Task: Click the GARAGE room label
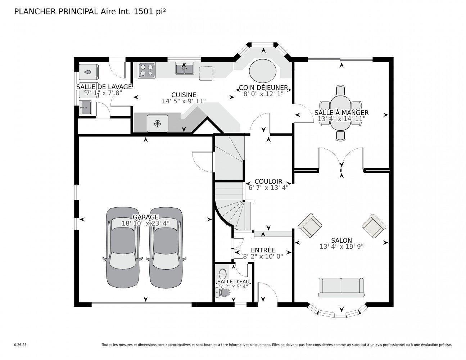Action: pos(145,217)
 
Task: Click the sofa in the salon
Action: pos(341,287)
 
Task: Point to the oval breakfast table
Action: pos(263,71)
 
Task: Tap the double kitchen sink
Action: pos(185,68)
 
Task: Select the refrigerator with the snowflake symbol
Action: pos(157,123)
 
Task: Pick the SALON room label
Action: pos(341,240)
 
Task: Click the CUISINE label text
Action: pos(184,95)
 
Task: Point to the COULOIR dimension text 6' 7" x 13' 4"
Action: pos(268,188)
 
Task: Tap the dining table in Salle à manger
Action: pos(340,112)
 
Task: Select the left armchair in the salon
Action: pos(310,225)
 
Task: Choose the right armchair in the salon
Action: pos(374,225)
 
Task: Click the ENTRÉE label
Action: pos(263,250)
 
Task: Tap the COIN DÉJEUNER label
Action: pos(263,87)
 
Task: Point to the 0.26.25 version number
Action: pos(21,345)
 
